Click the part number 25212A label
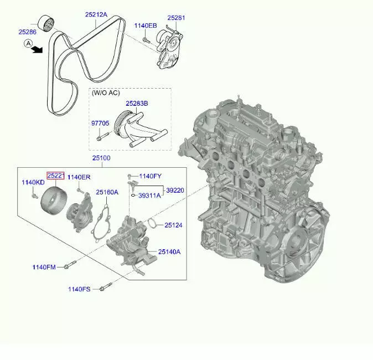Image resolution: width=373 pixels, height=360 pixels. click(96, 14)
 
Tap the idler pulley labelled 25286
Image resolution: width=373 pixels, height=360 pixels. click(46, 23)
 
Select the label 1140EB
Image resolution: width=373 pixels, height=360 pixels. click(146, 25)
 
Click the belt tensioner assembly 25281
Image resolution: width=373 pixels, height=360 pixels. click(169, 49)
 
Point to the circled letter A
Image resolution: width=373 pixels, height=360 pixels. click(29, 44)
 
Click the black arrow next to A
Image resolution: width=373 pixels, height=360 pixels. click(37, 49)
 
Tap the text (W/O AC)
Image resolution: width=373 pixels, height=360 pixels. click(106, 93)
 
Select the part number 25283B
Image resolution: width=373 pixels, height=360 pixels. click(137, 104)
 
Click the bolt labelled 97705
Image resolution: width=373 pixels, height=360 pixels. click(103, 136)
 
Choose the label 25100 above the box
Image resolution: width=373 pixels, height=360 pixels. click(101, 158)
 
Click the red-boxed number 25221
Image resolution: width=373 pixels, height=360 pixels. click(56, 176)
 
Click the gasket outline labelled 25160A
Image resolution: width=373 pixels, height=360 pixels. click(102, 223)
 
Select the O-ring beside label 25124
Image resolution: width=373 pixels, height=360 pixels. click(152, 223)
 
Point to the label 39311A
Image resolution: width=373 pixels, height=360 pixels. click(149, 196)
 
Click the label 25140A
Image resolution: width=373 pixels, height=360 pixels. click(169, 251)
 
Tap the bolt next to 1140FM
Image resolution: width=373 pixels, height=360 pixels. click(70, 265)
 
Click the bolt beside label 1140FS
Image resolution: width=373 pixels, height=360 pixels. click(106, 286)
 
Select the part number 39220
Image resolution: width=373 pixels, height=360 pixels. click(175, 191)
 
